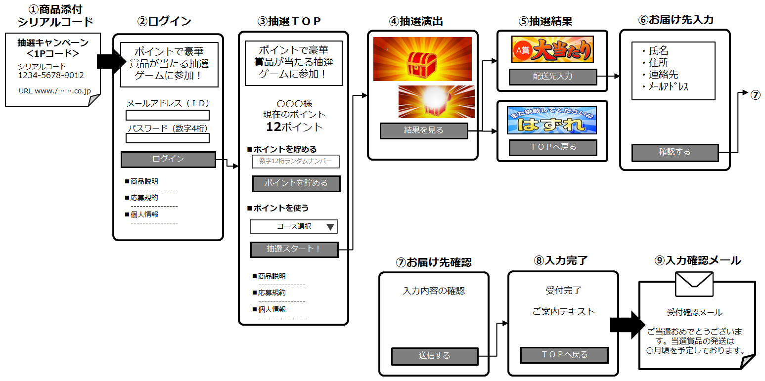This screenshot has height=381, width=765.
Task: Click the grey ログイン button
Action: tap(168, 159)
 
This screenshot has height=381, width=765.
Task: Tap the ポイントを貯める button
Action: tap(296, 183)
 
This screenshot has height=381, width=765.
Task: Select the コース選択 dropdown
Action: tap(294, 227)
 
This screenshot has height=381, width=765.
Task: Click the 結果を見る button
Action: tap(424, 130)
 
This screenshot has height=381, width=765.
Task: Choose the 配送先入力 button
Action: tap(553, 77)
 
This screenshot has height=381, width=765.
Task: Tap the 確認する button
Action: tap(675, 152)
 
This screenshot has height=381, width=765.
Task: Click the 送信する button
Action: tap(435, 356)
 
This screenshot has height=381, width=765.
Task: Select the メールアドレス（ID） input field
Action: tap(168, 115)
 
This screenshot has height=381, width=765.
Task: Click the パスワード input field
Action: tap(168, 138)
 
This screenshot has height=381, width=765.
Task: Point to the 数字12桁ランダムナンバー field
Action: tap(296, 162)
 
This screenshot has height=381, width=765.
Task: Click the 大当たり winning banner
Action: tap(552, 49)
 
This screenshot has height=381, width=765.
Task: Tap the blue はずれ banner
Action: tap(552, 120)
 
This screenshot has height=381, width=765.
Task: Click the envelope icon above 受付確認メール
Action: tap(694, 284)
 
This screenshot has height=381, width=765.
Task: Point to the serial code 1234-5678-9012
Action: tap(51, 75)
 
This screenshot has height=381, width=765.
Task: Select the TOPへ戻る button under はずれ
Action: tap(553, 147)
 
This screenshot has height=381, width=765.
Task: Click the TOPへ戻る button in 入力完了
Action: tap(564, 355)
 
